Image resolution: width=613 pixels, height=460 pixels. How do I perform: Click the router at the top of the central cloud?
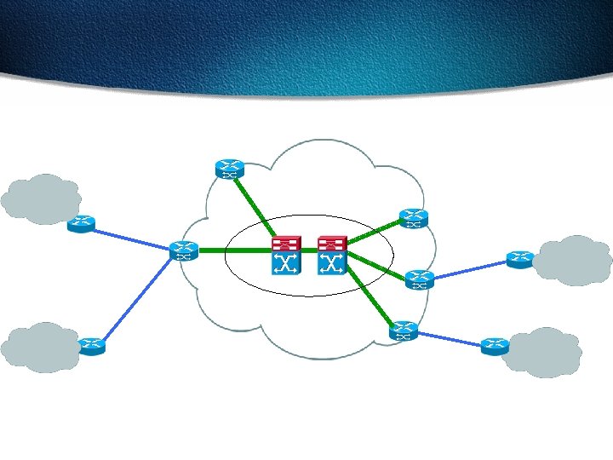point(228,169)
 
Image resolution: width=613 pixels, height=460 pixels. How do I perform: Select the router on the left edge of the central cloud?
point(183,250)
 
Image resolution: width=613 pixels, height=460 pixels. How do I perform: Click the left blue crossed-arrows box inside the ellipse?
point(284,264)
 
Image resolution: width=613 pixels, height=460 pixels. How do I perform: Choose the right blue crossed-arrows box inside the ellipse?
point(329,264)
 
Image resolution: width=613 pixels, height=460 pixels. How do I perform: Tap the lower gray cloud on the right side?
point(542,351)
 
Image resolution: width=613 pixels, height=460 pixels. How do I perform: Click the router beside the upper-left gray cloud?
point(81,223)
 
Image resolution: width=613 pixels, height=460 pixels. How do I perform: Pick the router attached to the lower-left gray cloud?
point(91,345)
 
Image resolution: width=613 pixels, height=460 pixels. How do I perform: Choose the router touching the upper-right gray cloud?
point(519,259)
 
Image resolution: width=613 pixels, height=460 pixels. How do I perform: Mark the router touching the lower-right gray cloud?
point(494,346)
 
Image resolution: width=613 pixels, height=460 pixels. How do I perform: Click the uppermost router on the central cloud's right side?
point(414,219)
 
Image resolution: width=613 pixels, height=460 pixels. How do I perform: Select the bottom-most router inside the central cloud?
point(403,331)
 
